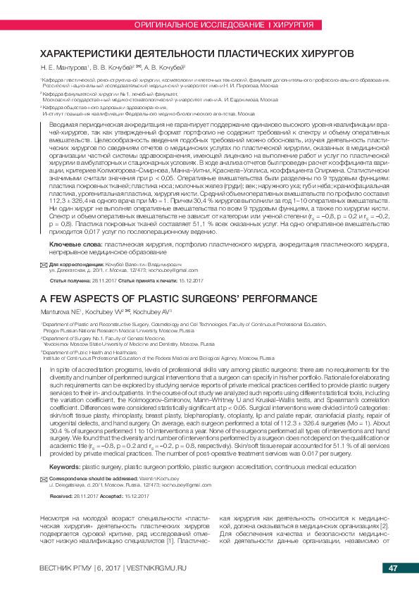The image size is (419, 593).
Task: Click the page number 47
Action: (393, 568)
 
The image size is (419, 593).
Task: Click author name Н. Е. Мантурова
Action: (63, 68)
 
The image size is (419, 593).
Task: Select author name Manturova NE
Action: (62, 310)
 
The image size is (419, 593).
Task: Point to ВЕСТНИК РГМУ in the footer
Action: (66, 568)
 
